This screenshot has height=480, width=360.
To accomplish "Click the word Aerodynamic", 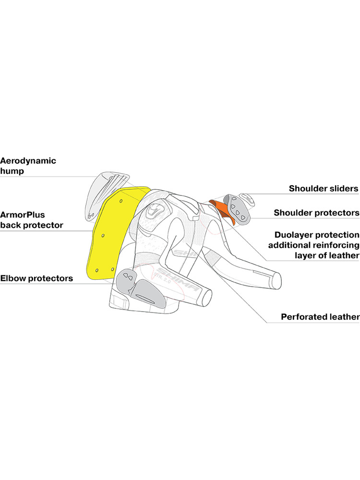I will [x=28, y=161].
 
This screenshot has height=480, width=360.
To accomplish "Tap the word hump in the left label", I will [x=12, y=170].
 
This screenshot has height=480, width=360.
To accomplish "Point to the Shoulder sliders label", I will [x=324, y=189].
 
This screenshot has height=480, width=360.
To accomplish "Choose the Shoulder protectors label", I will [x=316, y=212].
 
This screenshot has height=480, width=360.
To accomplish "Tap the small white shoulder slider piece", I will [x=250, y=198].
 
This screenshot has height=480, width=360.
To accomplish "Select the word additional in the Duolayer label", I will [x=292, y=245].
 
